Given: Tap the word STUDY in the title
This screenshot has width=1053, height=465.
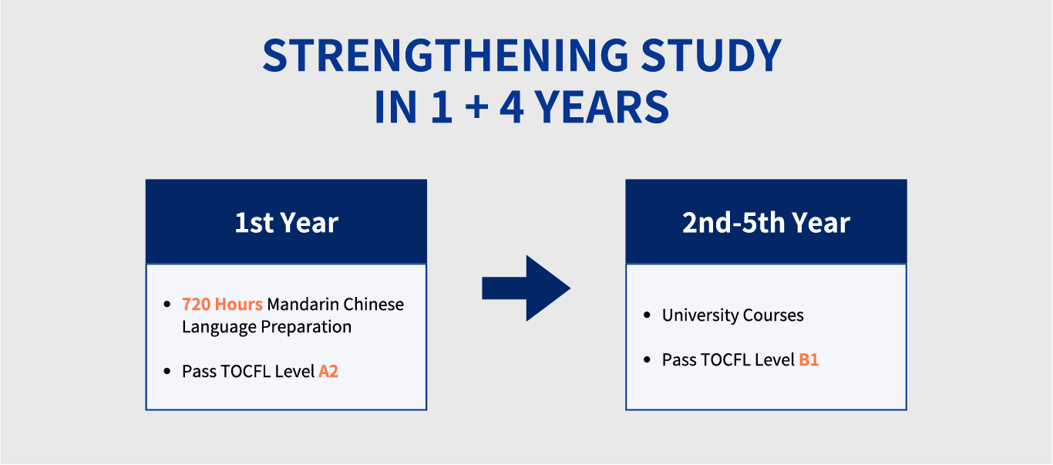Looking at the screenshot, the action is coord(712,56).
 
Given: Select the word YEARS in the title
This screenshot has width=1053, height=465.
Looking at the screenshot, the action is coord(602,107).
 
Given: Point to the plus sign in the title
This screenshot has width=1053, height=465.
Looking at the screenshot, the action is coord(476,108).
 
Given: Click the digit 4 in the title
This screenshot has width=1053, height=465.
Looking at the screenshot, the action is coord(512,107).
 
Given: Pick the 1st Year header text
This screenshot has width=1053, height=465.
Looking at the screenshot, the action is coord(286,222).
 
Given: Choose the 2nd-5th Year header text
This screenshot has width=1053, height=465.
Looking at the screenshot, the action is coord(765,222).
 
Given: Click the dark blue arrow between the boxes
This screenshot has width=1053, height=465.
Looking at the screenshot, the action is coord(526,288).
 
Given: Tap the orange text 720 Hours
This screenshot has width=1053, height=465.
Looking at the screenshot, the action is coord(222,304).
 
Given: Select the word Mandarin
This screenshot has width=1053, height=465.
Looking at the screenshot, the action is coord(303,304).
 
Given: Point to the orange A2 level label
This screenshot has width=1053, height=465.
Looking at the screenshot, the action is coord(328,372).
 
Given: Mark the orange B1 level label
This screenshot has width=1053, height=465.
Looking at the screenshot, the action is coord(809,359).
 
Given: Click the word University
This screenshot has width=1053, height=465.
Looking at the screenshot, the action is coord(699,315).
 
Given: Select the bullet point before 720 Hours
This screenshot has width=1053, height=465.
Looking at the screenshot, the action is coord(167,305).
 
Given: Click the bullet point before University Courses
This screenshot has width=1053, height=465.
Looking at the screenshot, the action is coord(647,315).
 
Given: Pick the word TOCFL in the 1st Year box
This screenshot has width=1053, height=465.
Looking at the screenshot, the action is coord(245,372).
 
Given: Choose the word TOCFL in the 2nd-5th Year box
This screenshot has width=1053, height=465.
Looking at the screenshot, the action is coord(725,359).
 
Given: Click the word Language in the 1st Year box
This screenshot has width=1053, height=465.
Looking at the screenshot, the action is coord(219,327).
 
